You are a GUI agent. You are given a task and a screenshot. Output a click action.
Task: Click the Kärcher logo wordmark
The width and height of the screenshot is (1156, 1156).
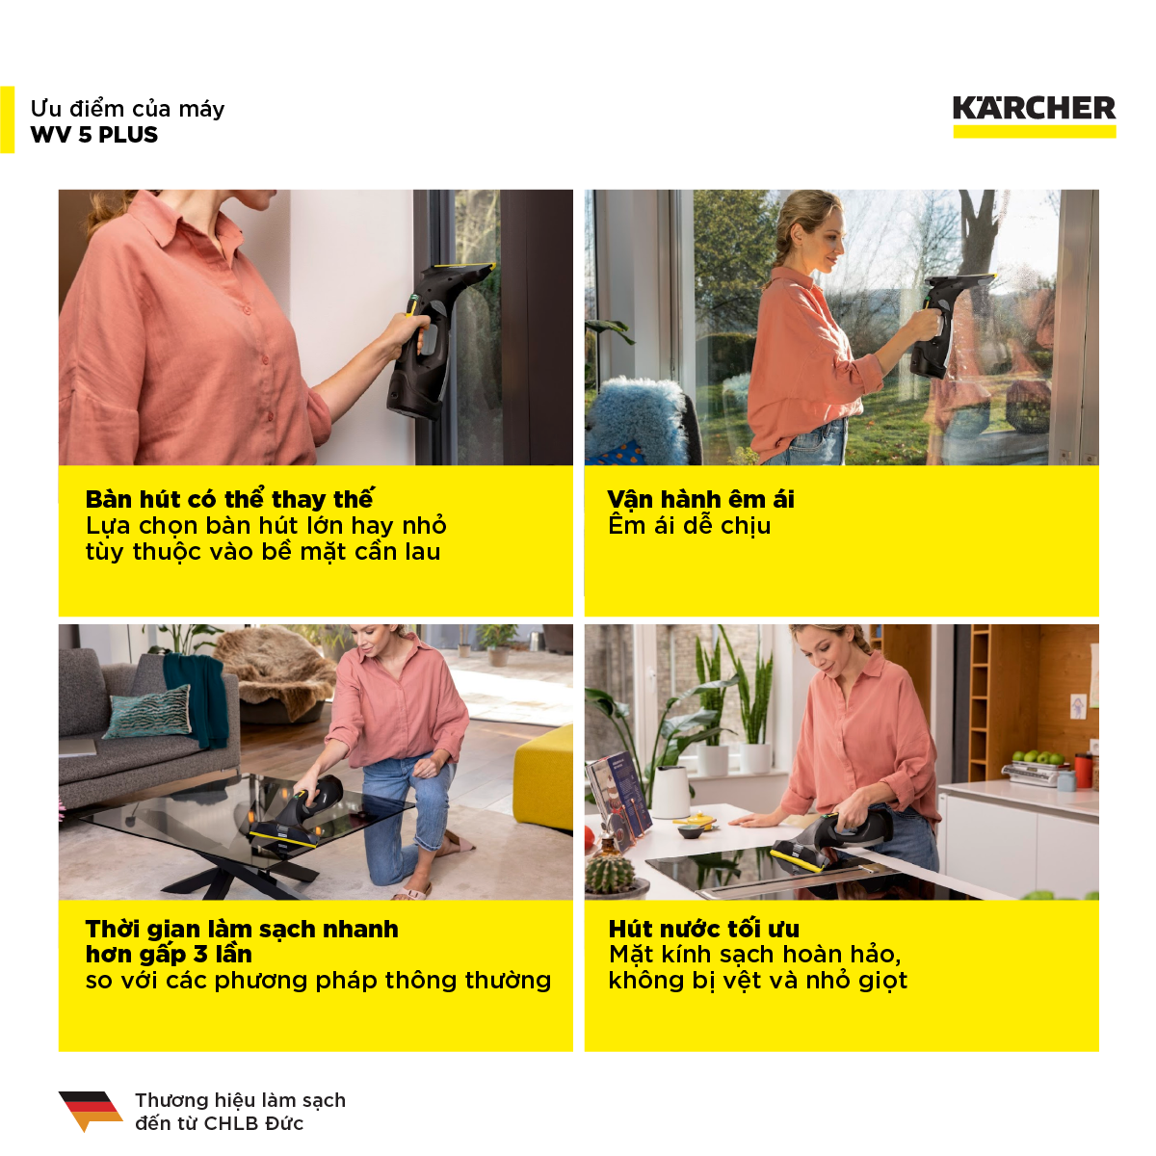click(x=1034, y=108)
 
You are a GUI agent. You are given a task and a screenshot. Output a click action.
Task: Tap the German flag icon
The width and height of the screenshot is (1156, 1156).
click(x=91, y=1111)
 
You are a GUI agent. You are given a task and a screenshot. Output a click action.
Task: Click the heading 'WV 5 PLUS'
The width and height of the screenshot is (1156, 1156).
click(x=94, y=134)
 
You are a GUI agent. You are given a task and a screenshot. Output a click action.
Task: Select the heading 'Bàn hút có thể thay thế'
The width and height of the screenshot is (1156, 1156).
click(x=229, y=498)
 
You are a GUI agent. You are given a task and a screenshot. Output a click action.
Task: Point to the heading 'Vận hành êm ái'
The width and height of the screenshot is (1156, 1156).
click(x=700, y=498)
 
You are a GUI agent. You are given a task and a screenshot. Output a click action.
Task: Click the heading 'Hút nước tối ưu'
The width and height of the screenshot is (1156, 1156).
click(x=703, y=929)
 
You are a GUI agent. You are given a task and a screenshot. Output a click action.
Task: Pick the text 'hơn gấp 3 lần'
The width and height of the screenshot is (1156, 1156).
click(x=169, y=955)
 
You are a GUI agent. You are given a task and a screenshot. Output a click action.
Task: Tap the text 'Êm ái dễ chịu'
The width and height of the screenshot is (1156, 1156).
click(x=690, y=525)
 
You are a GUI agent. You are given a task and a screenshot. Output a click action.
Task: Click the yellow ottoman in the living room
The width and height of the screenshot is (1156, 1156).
click(x=543, y=777)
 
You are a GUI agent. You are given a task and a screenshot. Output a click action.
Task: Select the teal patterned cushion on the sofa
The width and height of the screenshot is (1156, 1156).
click(x=148, y=712)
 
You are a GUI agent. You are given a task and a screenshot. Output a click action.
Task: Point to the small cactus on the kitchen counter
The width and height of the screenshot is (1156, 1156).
click(x=610, y=871)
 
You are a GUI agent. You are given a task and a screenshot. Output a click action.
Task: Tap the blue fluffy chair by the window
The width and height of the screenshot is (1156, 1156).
click(x=639, y=420)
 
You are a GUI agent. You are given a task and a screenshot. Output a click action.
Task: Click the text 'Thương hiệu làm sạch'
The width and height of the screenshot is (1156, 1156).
click(x=240, y=1100)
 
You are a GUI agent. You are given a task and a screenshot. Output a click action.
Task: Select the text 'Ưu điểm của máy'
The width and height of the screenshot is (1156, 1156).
click(x=127, y=109)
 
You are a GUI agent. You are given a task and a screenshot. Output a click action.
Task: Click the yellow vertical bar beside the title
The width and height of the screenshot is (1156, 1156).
click(x=7, y=120)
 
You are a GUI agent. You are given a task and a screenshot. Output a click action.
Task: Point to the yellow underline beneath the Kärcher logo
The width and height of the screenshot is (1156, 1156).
click(x=1035, y=131)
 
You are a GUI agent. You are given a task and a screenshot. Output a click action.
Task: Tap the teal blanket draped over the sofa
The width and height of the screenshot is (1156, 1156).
click(x=197, y=698)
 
